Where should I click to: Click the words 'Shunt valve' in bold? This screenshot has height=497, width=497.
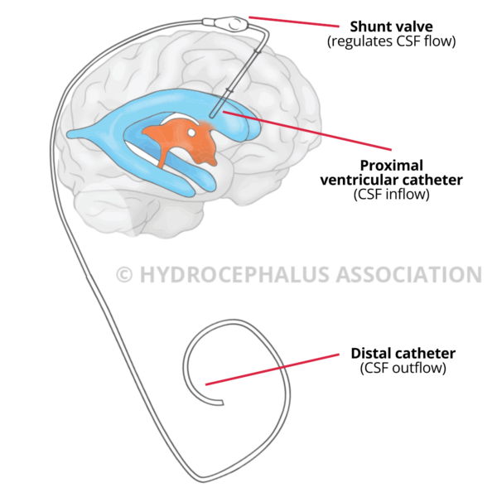click(x=379, y=27)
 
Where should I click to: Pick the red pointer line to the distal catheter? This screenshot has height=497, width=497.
click(x=273, y=369)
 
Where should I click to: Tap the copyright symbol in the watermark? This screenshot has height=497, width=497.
click(x=123, y=274)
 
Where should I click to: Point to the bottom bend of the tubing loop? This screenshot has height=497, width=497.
click(x=201, y=478)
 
